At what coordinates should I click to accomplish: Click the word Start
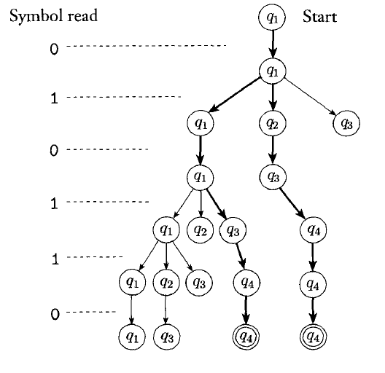[319, 17]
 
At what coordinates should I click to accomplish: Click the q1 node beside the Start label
[272, 17]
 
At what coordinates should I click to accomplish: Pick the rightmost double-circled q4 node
[313, 337]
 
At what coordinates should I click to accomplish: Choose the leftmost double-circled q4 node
[246, 337]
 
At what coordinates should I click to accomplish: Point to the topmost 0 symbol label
[54, 49]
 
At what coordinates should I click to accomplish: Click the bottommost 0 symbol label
[55, 314]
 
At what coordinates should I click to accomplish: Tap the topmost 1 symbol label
[54, 98]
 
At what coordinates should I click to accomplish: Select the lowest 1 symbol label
[55, 259]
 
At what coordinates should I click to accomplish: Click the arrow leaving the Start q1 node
[272, 44]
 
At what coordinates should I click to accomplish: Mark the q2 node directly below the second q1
[272, 123]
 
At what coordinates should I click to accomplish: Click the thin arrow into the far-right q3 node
[311, 97]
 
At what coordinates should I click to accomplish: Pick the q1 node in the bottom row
[132, 337]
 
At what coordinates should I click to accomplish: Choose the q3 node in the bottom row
[167, 337]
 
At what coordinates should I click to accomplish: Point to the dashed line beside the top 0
[147, 46]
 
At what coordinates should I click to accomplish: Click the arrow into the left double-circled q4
[246, 310]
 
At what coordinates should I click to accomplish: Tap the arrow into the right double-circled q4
[313, 310]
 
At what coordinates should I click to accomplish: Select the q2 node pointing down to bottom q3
[166, 283]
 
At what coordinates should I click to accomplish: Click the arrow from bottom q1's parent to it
[131, 310]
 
